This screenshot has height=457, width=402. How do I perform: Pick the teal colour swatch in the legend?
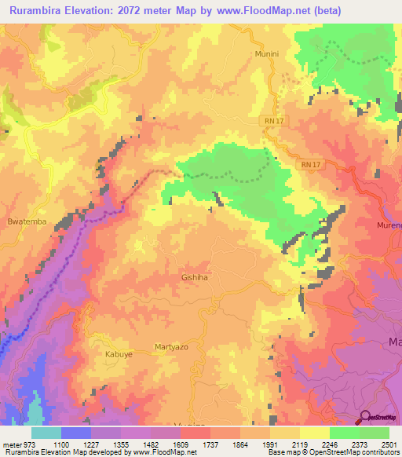(x=46, y=433)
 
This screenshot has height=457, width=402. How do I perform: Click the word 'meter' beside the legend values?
(x=11, y=444)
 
